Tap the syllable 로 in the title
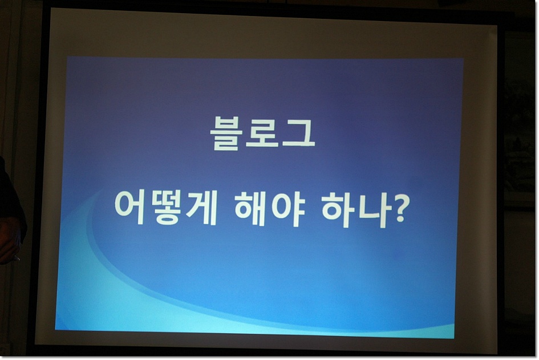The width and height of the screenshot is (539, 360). (261, 134)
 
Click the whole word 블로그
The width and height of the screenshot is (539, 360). (262, 134)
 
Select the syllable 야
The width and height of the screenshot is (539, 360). (287, 209)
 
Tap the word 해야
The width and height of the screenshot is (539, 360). (269, 209)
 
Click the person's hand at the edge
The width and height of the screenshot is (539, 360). (9, 241)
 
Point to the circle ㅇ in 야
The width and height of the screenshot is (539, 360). (281, 209)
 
